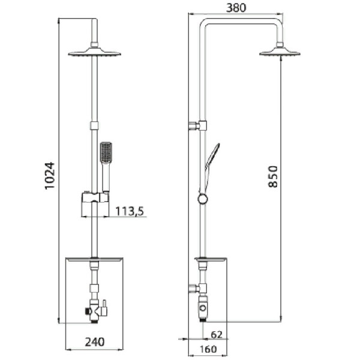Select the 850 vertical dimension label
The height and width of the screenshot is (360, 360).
[273, 176]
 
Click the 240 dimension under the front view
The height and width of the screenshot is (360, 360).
[94, 342]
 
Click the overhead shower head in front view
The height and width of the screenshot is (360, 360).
[94, 53]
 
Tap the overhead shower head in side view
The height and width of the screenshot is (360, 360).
[280, 53]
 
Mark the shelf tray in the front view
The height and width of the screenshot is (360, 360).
[94, 260]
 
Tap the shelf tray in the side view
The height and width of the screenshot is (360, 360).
[211, 260]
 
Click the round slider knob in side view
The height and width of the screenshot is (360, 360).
[203, 199]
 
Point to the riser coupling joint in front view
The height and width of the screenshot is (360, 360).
[94, 125]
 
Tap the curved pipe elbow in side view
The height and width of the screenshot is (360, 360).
[206, 24]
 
